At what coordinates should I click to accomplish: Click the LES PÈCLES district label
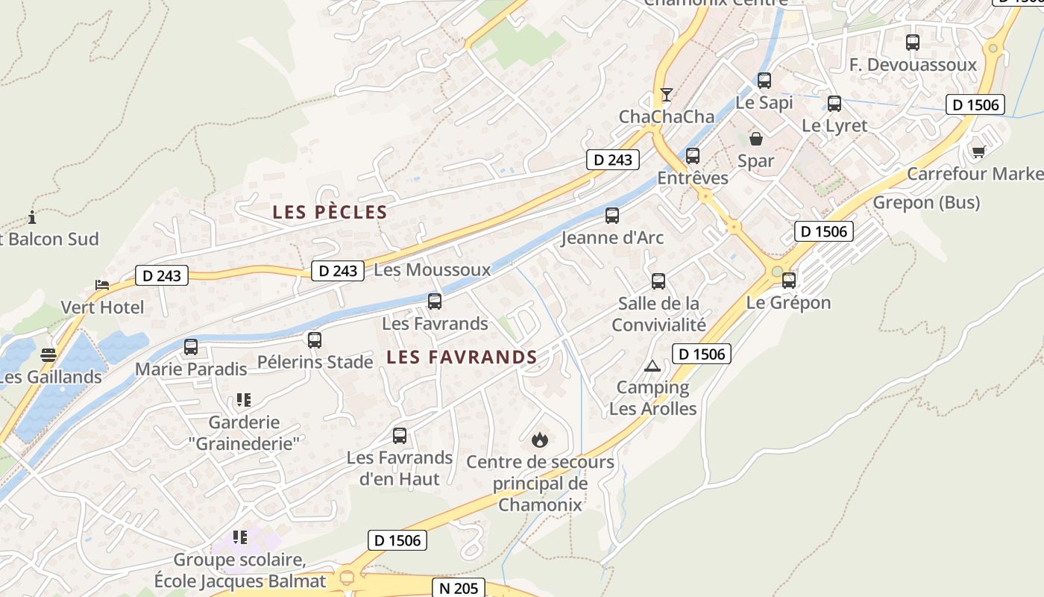330,212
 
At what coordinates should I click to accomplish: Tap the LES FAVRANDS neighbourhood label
462,357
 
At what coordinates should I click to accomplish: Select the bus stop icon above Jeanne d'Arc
612,216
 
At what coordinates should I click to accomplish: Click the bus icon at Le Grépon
789,281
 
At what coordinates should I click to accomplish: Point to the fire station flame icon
540,440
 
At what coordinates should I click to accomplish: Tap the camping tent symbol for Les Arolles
652,366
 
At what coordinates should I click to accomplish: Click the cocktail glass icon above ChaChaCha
667,95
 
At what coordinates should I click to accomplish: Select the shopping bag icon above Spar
756,138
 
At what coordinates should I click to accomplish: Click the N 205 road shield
459,588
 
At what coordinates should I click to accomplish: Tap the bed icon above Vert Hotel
102,285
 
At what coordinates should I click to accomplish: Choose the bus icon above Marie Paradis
191,347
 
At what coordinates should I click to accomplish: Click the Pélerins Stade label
315,363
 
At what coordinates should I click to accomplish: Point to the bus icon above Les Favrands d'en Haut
400,435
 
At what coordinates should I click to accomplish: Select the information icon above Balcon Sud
32,218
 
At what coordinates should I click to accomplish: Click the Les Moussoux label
433,270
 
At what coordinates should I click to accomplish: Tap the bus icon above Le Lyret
834,104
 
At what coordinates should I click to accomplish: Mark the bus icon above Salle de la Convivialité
658,281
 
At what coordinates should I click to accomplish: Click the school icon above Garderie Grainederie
243,400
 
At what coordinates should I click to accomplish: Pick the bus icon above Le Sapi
764,81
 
